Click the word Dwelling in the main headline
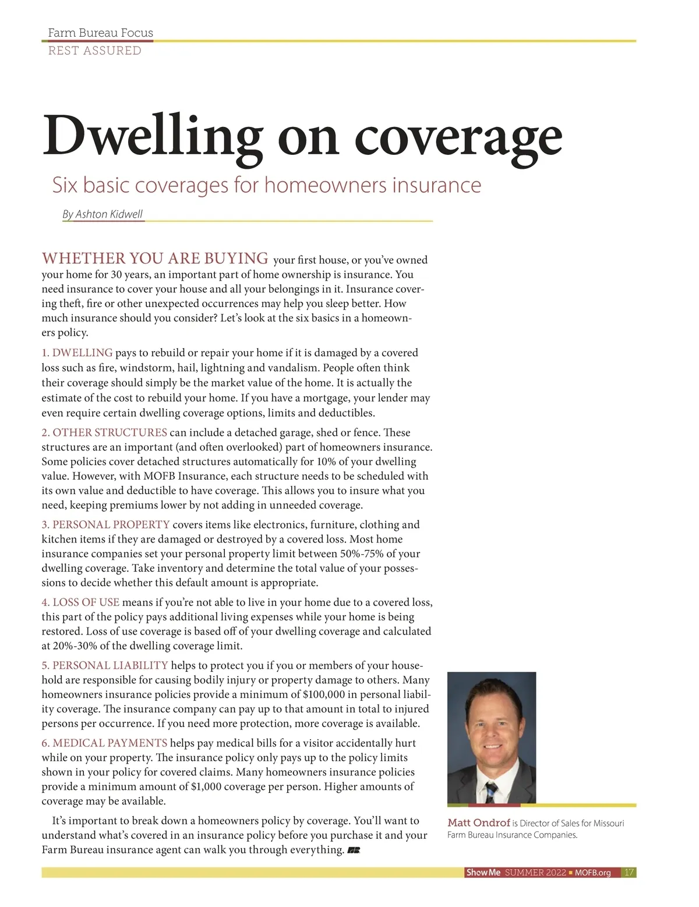point(152,136)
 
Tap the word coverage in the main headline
point(458,136)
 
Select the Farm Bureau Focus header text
point(100,33)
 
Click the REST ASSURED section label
point(94,51)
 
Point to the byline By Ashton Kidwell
point(103,214)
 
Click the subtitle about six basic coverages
point(267,185)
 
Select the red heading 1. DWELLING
point(77,353)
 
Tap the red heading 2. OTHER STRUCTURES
point(104,433)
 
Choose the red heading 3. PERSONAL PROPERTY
point(105,525)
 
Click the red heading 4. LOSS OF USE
point(80,602)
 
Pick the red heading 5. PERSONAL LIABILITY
point(105,665)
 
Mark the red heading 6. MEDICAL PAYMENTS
point(104,743)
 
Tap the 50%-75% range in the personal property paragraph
point(360,554)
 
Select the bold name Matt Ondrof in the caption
point(478,823)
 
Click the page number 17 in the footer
point(629,873)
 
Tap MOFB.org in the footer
point(592,873)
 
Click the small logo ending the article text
point(354,851)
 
